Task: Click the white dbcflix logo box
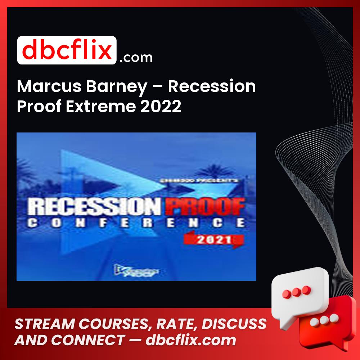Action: [x=67, y=50]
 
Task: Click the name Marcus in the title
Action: [x=44, y=87]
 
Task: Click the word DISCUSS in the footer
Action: [x=236, y=324]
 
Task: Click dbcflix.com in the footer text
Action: [x=190, y=340]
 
